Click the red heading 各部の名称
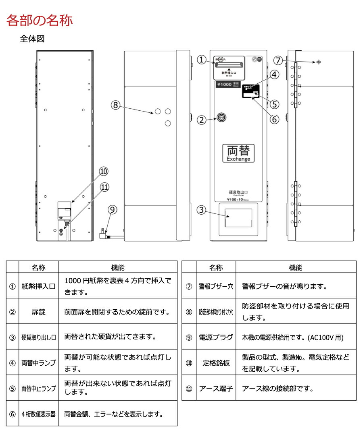click(x=40, y=20)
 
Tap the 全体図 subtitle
click(x=32, y=39)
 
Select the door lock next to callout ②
click(x=221, y=117)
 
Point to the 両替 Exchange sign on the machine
click(x=238, y=153)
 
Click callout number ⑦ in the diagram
click(x=279, y=60)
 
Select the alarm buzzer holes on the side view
click(x=319, y=62)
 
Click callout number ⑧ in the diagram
click(x=116, y=105)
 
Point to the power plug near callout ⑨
click(x=104, y=233)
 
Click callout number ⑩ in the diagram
click(x=104, y=172)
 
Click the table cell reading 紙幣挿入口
click(x=38, y=286)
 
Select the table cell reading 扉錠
click(x=38, y=311)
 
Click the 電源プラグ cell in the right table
click(x=216, y=337)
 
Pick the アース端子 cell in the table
click(x=216, y=388)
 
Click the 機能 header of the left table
click(x=117, y=267)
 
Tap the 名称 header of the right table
click(x=216, y=267)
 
